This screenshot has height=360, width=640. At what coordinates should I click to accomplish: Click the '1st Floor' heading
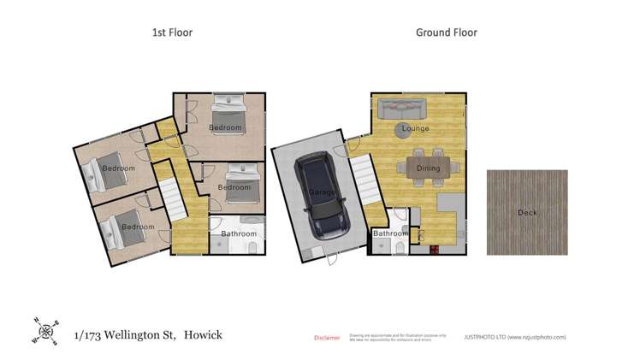point(172,32)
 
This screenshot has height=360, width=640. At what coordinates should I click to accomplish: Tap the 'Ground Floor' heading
point(446,32)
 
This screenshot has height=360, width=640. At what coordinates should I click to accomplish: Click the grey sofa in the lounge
point(402,109)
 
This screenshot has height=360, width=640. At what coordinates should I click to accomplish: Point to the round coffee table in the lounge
point(405,130)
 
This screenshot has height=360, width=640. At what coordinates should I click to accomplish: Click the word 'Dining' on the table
point(428,168)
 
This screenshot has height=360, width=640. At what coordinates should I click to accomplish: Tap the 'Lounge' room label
point(416,129)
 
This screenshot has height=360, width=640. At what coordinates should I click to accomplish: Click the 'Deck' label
point(527,212)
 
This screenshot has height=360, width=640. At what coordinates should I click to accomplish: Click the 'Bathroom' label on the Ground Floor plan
point(390,233)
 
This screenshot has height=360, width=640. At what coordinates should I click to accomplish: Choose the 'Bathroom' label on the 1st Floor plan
point(239,233)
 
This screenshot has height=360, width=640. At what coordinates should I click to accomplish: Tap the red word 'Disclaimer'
point(327,338)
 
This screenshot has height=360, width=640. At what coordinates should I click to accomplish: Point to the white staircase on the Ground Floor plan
point(364,180)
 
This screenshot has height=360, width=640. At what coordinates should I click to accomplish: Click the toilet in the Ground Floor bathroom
point(400,248)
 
